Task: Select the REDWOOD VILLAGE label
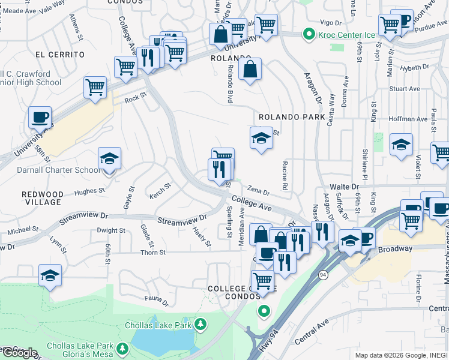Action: click(42, 198)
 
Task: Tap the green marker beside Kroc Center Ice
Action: click(309, 35)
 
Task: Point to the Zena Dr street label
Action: click(259, 191)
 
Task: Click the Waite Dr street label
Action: click(344, 187)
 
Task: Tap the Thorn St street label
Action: click(154, 253)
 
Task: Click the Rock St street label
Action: click(136, 97)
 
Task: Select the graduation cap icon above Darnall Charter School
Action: click(109, 159)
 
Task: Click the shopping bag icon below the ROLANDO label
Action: click(250, 69)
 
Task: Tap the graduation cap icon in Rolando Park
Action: click(261, 139)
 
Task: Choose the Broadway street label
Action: click(395, 248)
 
